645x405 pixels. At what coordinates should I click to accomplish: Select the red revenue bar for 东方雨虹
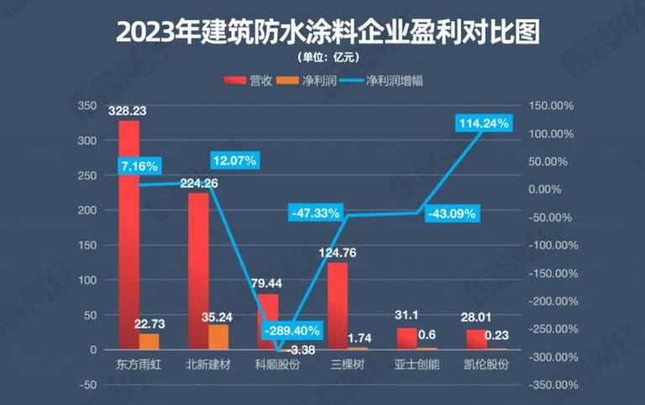[128, 235]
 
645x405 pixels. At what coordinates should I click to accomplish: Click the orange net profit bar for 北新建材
[218, 337]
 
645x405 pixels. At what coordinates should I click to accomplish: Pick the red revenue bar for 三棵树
[338, 306]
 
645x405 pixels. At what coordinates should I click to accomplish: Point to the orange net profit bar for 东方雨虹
[149, 341]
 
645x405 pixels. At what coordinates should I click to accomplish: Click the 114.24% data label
[485, 124]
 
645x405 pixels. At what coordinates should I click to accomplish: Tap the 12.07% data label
[234, 159]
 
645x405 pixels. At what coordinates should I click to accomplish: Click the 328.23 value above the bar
[128, 111]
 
